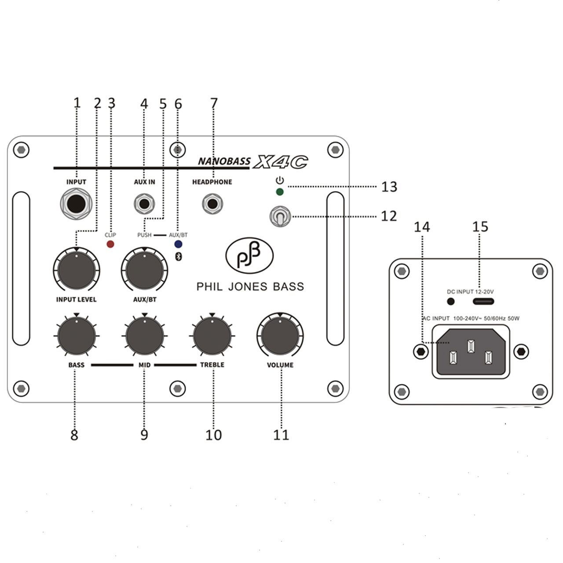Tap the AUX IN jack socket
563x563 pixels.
(144, 204)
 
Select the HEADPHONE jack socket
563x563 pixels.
(212, 204)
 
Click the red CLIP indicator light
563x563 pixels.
(110, 244)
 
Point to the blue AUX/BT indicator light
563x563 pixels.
(178, 244)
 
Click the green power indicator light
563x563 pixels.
(279, 192)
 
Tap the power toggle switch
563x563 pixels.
(280, 216)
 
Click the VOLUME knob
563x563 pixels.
(280, 336)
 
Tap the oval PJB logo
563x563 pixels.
(249, 256)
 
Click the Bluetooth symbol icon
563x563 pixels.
(178, 257)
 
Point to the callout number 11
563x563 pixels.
(281, 435)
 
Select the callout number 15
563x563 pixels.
(480, 227)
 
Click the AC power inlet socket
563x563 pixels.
(471, 351)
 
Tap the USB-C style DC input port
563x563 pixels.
(483, 302)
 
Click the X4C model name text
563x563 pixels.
(280, 162)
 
